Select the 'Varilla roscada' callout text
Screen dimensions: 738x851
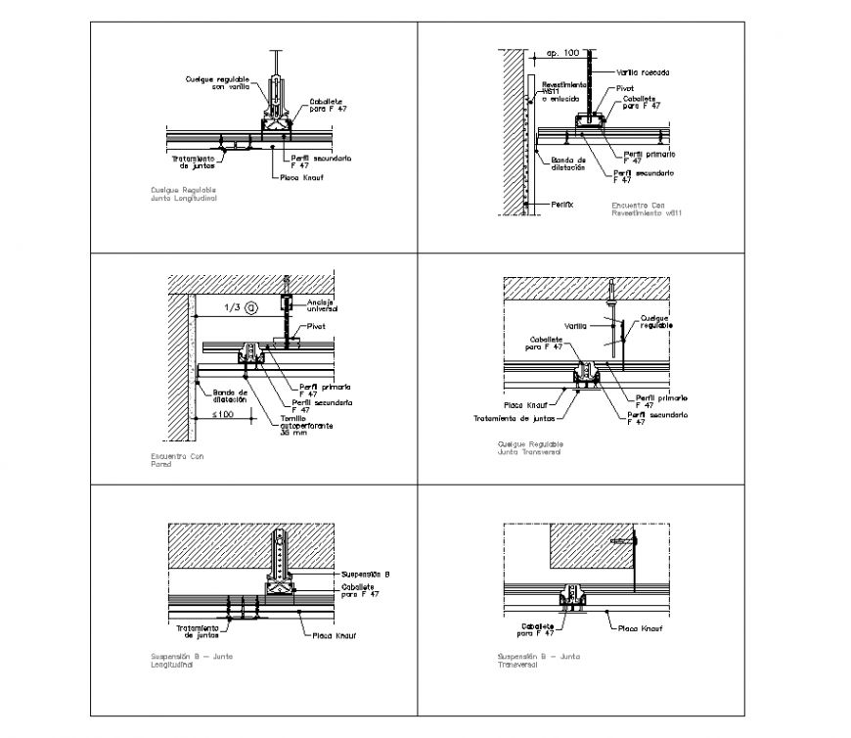pyautogui.click(x=642, y=71)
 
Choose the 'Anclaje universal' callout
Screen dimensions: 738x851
pyautogui.click(x=320, y=304)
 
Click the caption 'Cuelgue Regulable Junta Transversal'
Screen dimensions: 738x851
pyautogui.click(x=530, y=447)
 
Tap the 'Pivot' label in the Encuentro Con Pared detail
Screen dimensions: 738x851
pyautogui.click(x=315, y=327)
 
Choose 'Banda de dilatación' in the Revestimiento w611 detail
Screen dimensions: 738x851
pyautogui.click(x=567, y=162)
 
